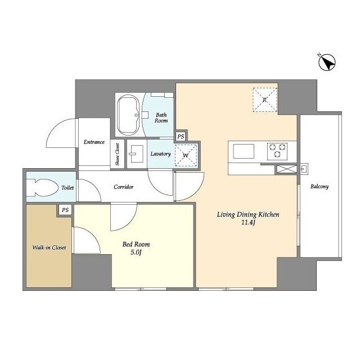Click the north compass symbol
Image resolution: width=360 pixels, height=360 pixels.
(x=327, y=62)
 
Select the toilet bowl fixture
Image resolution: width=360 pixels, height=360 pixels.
(x=43, y=187)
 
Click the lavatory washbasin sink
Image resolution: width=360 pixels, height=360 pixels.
(x=136, y=154)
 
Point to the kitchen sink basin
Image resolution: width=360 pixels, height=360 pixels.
(x=244, y=151)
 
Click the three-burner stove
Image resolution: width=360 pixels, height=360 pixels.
(x=277, y=151)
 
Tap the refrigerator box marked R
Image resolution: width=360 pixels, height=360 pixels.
(x=265, y=100)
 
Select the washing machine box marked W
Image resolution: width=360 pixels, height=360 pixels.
(x=186, y=155)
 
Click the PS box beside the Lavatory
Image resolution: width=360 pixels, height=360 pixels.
(x=181, y=137)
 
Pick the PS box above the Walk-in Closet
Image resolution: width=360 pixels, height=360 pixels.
(x=65, y=210)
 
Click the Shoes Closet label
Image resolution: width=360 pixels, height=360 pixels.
(x=118, y=154)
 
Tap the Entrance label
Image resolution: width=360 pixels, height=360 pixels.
(x=94, y=142)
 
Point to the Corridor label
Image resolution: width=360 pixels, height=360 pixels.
(x=124, y=187)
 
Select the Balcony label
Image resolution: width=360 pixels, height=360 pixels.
(x=319, y=186)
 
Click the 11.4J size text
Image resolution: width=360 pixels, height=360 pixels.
(x=249, y=223)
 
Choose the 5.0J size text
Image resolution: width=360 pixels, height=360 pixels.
(x=136, y=253)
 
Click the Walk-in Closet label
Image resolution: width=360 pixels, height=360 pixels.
(x=49, y=247)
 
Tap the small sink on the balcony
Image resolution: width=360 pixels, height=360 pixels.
(x=304, y=169)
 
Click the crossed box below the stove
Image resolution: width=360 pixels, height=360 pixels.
(x=287, y=169)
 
